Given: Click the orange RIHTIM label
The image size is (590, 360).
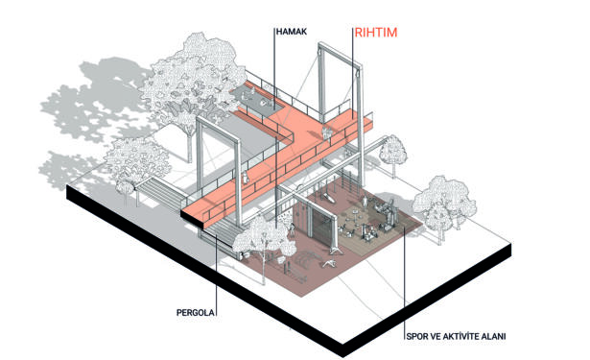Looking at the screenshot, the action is tap(375, 33).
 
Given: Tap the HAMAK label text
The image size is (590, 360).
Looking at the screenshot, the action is tap(292, 32).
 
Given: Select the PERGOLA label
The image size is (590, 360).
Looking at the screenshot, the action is tap(196, 313).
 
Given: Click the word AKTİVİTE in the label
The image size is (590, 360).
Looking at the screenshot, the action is tap(458, 336).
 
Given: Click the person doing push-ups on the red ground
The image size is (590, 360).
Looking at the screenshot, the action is tap(330, 264).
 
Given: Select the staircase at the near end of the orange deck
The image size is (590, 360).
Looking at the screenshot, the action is tap(220, 228).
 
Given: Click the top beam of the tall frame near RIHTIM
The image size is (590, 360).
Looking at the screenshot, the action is tap(341, 56).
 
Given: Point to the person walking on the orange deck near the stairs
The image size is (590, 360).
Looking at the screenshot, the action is tap(247, 178).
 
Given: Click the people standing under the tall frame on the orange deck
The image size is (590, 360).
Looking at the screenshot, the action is tap(326, 132).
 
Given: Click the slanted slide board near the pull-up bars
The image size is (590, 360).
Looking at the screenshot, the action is tap(330, 198).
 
